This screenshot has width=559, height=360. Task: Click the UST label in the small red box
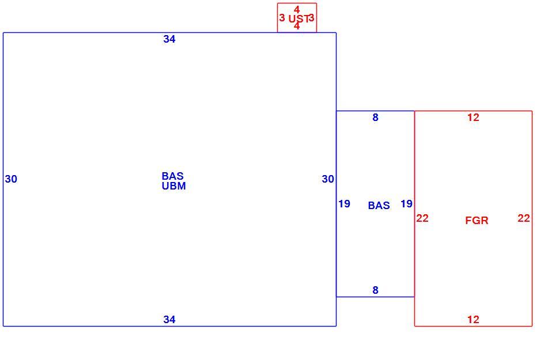coord(299,18)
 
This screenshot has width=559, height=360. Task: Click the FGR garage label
coord(477,221)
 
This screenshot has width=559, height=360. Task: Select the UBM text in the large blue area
coord(173,186)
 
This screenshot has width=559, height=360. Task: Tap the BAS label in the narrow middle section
coord(379,206)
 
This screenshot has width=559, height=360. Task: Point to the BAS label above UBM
coord(172,176)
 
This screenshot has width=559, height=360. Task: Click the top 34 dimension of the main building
coord(169,39)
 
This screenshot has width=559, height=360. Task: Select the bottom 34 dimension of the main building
coord(169,320)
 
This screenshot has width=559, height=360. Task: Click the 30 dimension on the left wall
coord(11,179)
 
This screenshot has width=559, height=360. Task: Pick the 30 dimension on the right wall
coord(328,179)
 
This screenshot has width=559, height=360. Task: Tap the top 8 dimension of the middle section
coord(375,118)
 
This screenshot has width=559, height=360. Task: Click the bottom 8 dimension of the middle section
coord(375,290)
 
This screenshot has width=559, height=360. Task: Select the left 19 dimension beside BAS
coord(344,204)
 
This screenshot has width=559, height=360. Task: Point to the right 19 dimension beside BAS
coord(406,204)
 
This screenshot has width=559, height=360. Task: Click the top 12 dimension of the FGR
coord(474,118)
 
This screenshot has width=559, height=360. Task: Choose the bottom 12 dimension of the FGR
coord(474,320)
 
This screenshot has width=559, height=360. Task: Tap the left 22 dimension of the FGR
coord(422,218)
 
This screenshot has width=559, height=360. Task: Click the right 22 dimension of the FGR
coord(524,218)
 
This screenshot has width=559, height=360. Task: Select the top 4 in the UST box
coord(297,10)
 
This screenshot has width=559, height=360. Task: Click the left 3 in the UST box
coord(282,18)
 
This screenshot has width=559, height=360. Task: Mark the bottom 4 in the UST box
coord(297,26)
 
